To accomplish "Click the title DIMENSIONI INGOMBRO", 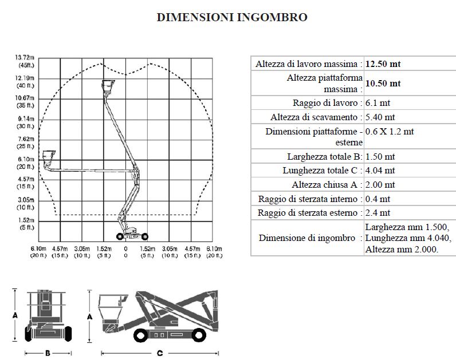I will pos(232,17).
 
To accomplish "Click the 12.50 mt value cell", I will pos(383,64).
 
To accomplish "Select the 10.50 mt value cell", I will pos(383,84).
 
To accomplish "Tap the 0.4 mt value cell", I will pos(378,199).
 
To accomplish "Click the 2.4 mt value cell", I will pos(378,213).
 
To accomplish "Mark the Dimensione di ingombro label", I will pos(306,238).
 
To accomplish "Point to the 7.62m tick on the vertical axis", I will pos(26,139).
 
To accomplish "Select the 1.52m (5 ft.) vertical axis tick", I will pos(26,220).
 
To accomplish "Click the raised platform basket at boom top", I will pos(107,86).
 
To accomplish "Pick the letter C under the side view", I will pos(160,353).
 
